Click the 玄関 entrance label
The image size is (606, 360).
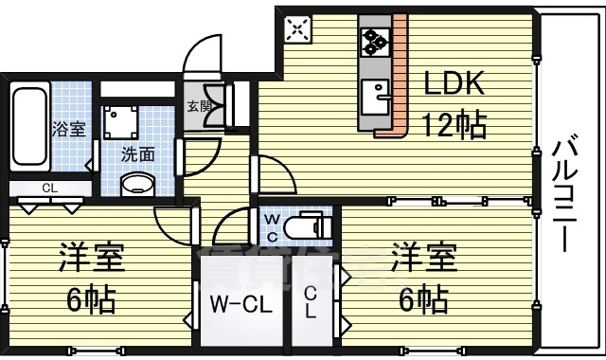199,106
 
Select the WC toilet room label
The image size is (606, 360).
271,227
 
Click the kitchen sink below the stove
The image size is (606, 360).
378,94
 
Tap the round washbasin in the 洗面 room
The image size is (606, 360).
138,184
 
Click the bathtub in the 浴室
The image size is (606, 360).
28,128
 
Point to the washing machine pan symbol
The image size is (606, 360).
121,121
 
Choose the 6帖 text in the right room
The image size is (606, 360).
423,299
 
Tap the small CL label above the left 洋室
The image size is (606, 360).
49,188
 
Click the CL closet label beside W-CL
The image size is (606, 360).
311,304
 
